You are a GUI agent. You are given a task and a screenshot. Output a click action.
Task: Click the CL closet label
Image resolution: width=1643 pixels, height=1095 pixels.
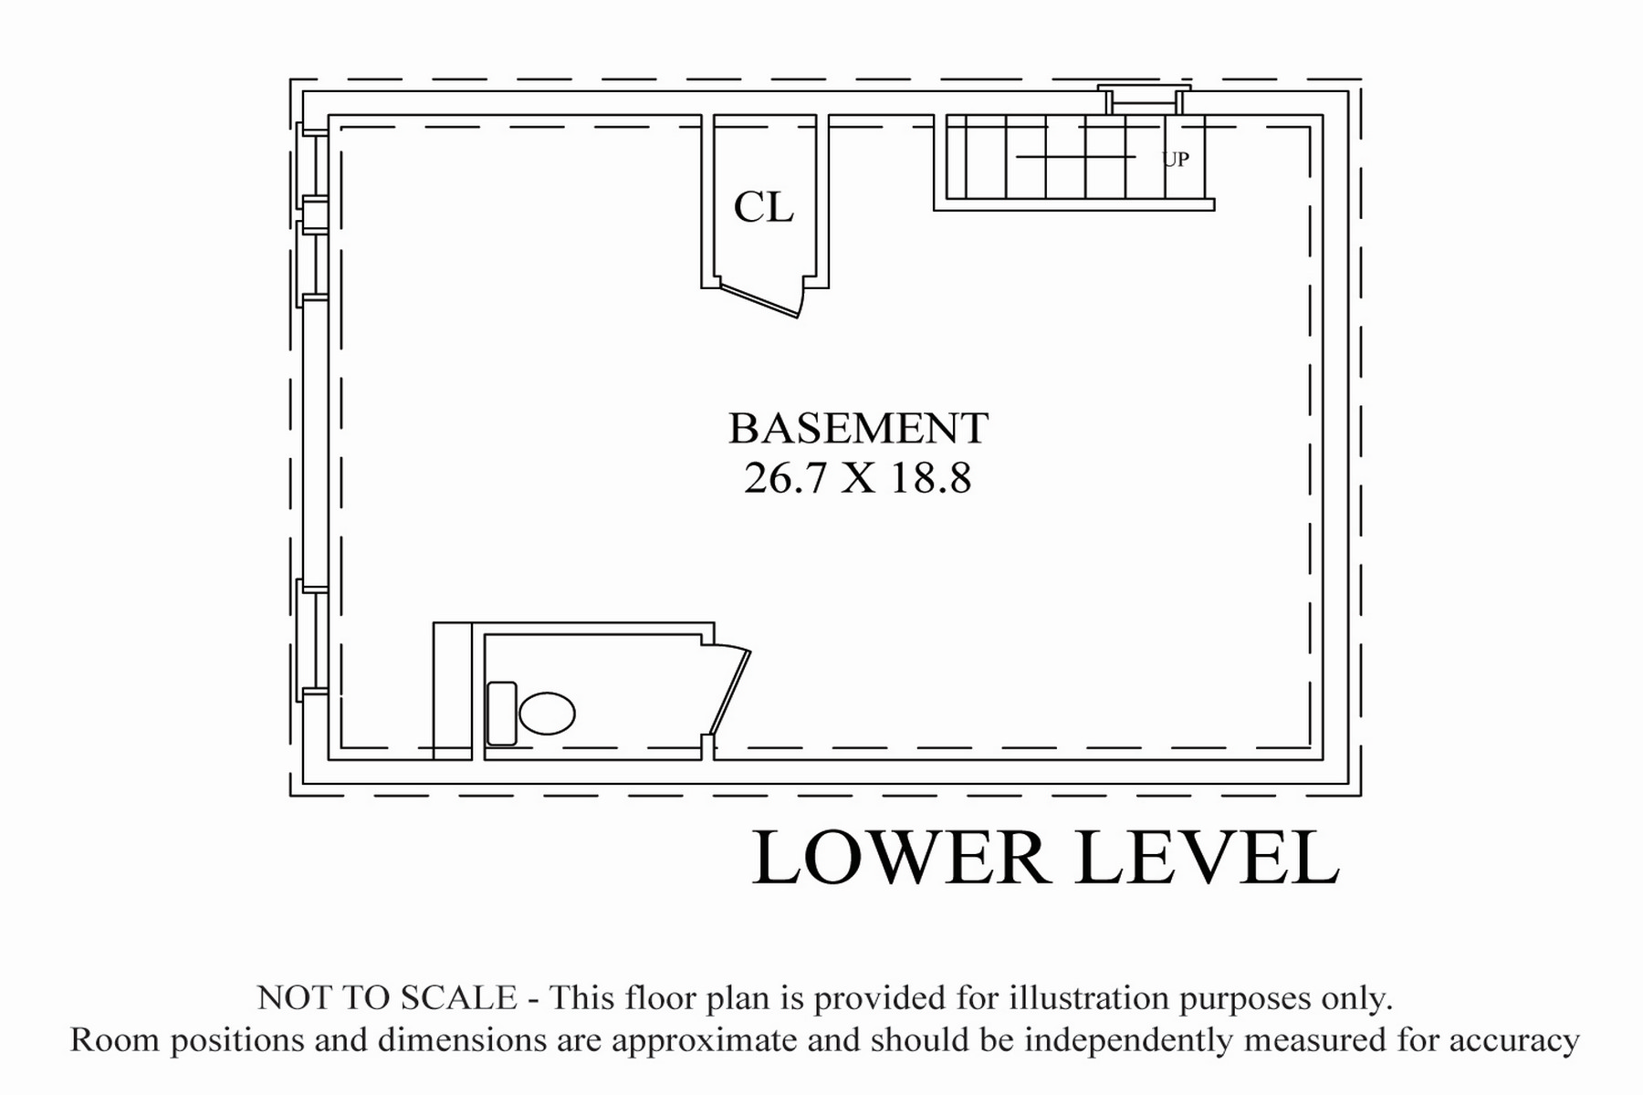pyautogui.click(x=764, y=207)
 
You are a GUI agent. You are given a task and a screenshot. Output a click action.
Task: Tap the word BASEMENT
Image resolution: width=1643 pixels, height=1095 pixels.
pyautogui.click(x=858, y=428)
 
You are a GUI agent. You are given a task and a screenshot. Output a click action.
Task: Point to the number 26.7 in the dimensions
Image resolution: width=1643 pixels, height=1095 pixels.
pyautogui.click(x=784, y=477)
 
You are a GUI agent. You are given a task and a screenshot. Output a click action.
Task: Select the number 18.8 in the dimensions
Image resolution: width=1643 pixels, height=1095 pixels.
pyautogui.click(x=931, y=477)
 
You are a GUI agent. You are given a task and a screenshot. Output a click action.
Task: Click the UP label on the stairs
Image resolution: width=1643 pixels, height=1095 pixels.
pyautogui.click(x=1176, y=160)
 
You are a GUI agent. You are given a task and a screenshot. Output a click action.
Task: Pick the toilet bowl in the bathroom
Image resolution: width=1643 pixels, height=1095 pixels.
pyautogui.click(x=547, y=714)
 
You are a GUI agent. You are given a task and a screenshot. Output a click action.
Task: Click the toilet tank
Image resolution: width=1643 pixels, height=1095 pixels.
pyautogui.click(x=502, y=714)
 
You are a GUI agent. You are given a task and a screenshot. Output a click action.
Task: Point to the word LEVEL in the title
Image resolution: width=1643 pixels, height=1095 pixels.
pyautogui.click(x=1208, y=858)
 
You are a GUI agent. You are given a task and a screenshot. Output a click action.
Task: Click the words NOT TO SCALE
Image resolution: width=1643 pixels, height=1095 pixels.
pyautogui.click(x=387, y=997)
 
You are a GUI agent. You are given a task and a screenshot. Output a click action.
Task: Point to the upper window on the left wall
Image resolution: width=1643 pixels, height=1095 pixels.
pyautogui.click(x=311, y=215)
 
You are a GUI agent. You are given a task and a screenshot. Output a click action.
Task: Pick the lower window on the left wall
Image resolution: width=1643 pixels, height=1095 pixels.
pyautogui.click(x=311, y=640)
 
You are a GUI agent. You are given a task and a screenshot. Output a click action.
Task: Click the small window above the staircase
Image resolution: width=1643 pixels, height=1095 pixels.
pyautogui.click(x=1145, y=99)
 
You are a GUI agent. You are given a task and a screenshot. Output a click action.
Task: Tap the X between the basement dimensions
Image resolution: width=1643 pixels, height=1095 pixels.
pyautogui.click(x=858, y=478)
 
